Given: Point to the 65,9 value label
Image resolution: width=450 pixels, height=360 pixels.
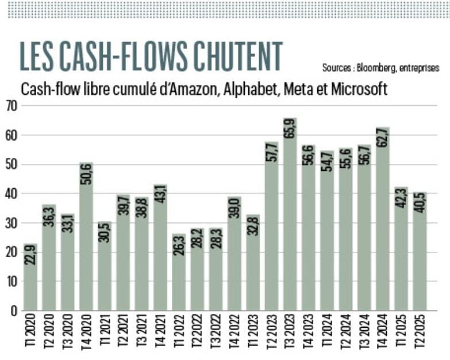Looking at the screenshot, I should coord(290,133).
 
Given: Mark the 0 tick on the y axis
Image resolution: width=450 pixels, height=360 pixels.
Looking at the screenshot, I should coord(13,311).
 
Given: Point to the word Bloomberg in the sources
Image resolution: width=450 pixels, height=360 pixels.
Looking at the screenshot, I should coord(374,68).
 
